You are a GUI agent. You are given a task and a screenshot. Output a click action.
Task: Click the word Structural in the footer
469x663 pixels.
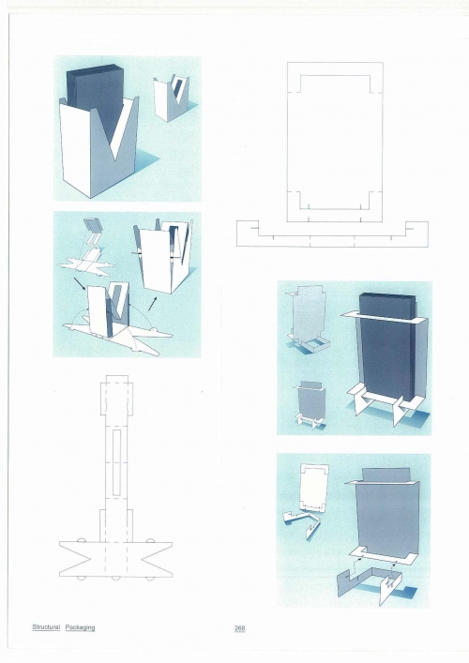click(46, 627)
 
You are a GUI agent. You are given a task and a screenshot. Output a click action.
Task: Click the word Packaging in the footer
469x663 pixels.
click(80, 627)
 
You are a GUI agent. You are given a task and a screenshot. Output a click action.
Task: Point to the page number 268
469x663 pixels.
click(240, 628)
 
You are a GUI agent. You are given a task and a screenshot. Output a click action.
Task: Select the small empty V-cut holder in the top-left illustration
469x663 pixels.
click(171, 98)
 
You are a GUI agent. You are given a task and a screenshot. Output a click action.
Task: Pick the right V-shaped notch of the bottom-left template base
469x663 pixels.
click(157, 560)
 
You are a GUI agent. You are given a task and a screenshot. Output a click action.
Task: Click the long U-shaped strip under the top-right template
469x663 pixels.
click(332, 240)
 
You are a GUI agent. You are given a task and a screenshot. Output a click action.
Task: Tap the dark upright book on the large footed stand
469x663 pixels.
click(386, 347)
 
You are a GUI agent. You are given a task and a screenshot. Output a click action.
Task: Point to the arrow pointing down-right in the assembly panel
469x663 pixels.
click(80, 284)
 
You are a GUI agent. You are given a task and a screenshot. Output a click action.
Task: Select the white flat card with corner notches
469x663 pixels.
click(313, 487)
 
